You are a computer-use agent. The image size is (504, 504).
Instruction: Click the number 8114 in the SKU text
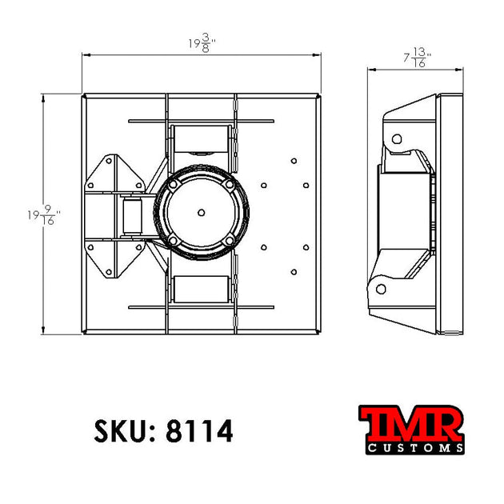(199, 431)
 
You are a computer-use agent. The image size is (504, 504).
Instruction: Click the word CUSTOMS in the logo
(414, 449)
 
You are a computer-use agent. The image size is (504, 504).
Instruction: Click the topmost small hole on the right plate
(294, 160)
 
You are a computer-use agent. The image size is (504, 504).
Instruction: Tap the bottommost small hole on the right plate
(294, 271)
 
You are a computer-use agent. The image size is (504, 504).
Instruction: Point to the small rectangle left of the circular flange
(132, 216)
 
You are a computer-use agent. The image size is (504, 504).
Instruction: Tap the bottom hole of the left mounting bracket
(109, 270)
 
